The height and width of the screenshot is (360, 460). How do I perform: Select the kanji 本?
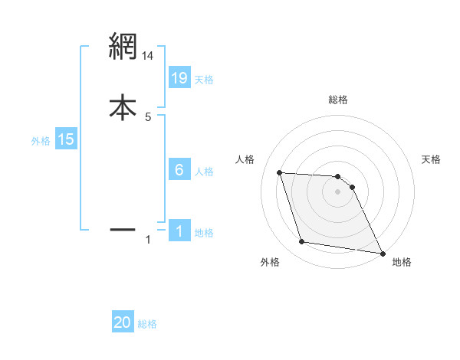(123, 106)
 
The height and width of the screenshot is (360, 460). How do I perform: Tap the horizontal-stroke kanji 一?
(123, 229)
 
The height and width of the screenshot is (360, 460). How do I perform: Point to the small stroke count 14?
(148, 55)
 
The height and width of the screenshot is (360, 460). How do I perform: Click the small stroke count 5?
(148, 116)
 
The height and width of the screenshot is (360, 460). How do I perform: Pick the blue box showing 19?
(179, 77)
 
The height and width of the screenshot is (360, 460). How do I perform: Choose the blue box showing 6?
(179, 170)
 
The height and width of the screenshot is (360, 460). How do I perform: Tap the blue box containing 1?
(179, 231)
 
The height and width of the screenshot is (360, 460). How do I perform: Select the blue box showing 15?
(66, 139)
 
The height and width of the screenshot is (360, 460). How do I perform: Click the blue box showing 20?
(123, 322)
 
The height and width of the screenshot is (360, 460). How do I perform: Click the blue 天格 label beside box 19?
(204, 79)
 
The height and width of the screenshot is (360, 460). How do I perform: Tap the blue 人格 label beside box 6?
(204, 172)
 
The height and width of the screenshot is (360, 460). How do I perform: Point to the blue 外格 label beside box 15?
(40, 141)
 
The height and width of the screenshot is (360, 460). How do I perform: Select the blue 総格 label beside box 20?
(147, 324)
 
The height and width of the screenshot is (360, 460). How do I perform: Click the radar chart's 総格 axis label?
(337, 100)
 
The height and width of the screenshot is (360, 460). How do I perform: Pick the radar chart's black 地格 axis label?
(402, 262)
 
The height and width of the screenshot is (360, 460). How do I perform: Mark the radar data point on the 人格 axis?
(280, 173)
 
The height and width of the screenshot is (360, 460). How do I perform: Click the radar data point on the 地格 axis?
(382, 252)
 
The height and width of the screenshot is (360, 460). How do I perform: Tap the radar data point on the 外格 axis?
(302, 242)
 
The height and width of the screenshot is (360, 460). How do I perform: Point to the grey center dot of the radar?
(337, 192)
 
